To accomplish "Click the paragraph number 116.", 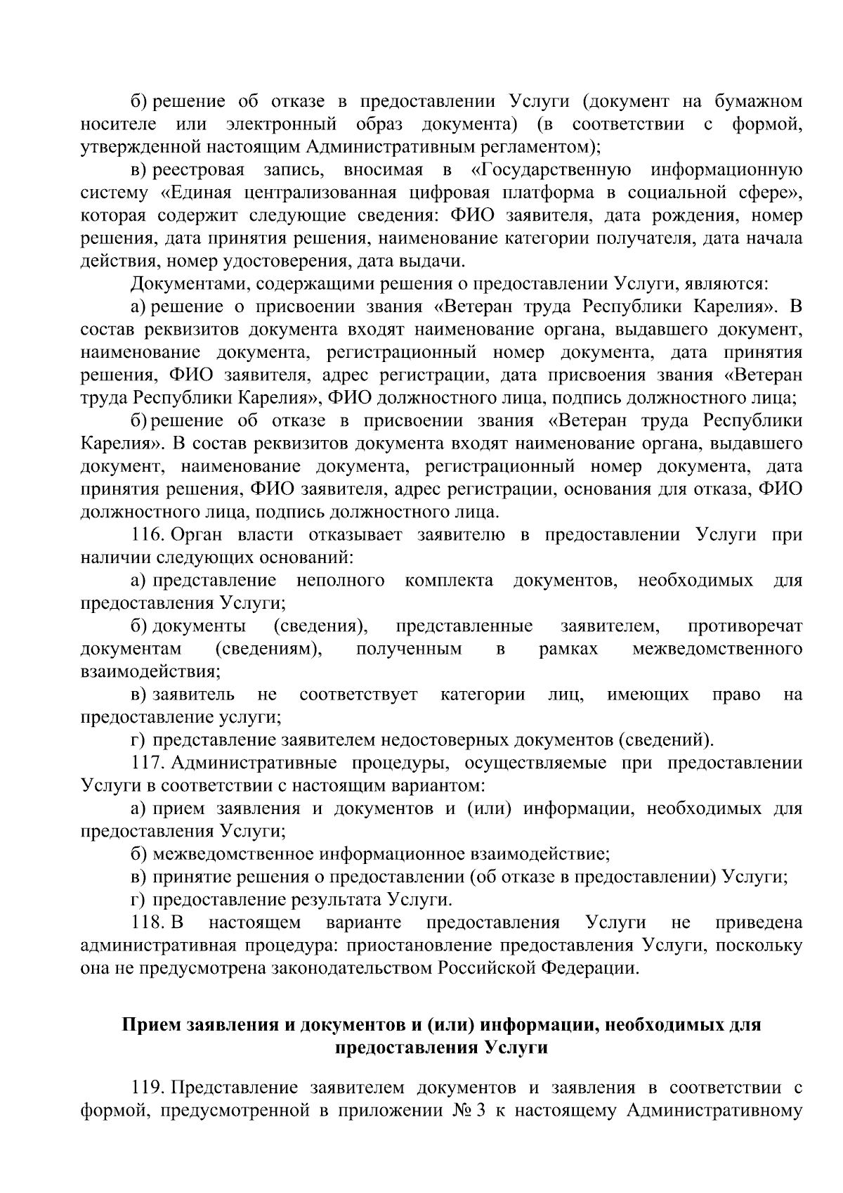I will tap(148, 535).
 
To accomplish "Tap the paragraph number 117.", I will tap(148, 763).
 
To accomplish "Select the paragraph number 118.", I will tap(148, 923).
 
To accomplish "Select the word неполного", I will tap(340, 581).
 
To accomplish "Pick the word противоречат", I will tap(745, 626).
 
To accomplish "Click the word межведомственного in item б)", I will tap(717, 649).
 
